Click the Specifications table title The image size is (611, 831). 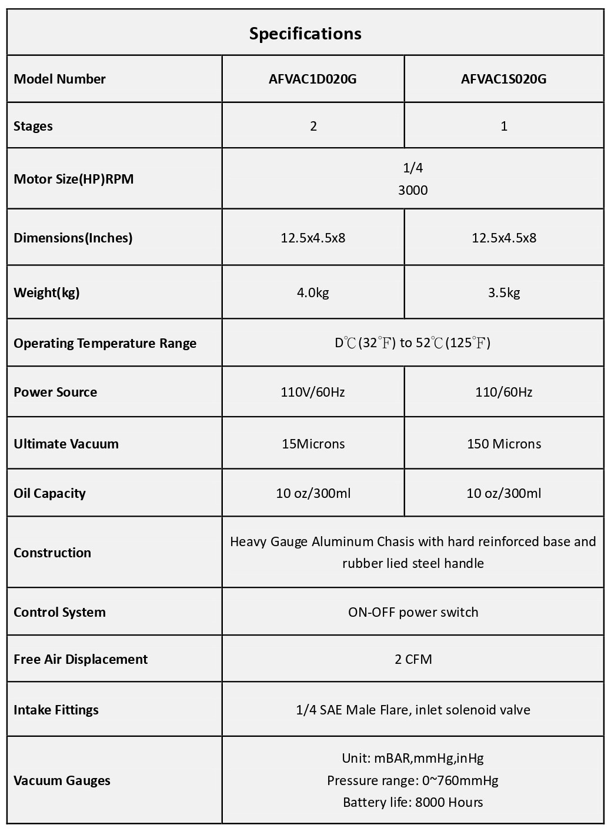pyautogui.click(x=305, y=34)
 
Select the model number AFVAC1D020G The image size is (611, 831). pyautogui.click(x=313, y=79)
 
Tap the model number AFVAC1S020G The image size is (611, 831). pyautogui.click(x=503, y=79)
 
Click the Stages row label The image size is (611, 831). pyautogui.click(x=34, y=126)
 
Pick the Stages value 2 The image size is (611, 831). pyautogui.click(x=313, y=126)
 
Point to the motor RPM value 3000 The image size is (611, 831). pyautogui.click(x=413, y=190)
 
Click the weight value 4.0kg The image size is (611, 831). pyautogui.click(x=313, y=292)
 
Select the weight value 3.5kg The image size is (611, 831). pyautogui.click(x=504, y=292)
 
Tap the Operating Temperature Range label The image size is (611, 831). pyautogui.click(x=105, y=343)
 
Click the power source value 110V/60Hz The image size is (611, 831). pyautogui.click(x=313, y=392)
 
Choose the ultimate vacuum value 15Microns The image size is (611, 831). pyautogui.click(x=313, y=444)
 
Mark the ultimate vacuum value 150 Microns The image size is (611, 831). pyautogui.click(x=504, y=444)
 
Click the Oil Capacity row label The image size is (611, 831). pyautogui.click(x=50, y=493)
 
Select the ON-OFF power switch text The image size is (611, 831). pyautogui.click(x=413, y=612)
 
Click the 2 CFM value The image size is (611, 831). pyautogui.click(x=413, y=659)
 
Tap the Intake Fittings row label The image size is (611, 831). pyautogui.click(x=56, y=710)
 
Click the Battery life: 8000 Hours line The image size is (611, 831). pyautogui.click(x=413, y=802)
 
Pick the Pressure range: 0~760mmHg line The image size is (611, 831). pyautogui.click(x=413, y=780)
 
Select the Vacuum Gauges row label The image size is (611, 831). pyautogui.click(x=62, y=780)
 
